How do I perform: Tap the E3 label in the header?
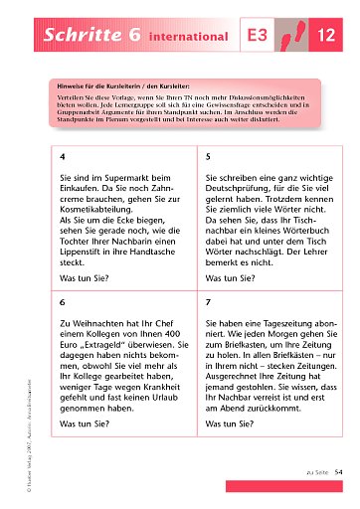tap(258, 37)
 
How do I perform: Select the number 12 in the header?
tap(326, 37)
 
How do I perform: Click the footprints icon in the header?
tap(292, 36)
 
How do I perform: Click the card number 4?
tap(64, 157)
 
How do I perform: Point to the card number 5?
tap(207, 157)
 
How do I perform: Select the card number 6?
tap(64, 300)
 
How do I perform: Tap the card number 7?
tap(207, 300)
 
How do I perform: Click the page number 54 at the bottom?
tap(338, 473)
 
